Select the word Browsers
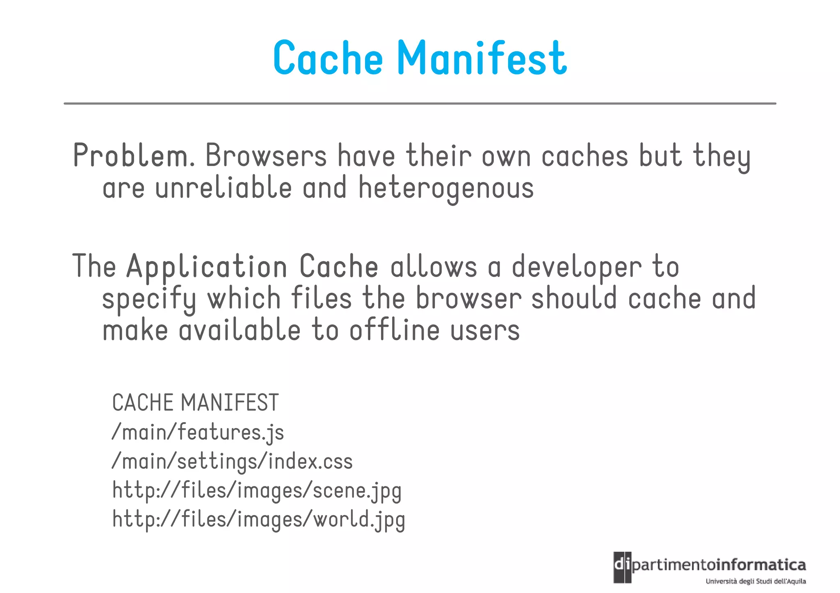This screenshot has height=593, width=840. click(x=266, y=156)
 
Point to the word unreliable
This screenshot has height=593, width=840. click(x=224, y=188)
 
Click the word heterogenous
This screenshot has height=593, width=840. click(x=446, y=189)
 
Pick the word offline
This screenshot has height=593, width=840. click(x=395, y=331)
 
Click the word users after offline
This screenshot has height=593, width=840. click(x=485, y=331)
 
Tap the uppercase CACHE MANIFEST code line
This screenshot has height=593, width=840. click(x=196, y=402)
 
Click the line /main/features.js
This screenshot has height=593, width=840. click(x=198, y=433)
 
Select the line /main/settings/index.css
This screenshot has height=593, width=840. click(x=232, y=462)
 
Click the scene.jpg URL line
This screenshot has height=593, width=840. click(x=257, y=491)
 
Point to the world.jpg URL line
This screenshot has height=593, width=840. click(x=259, y=520)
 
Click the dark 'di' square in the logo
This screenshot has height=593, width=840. click(x=622, y=567)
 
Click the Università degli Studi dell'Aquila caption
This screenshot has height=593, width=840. click(x=756, y=581)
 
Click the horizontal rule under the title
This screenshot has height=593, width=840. click(x=420, y=104)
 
